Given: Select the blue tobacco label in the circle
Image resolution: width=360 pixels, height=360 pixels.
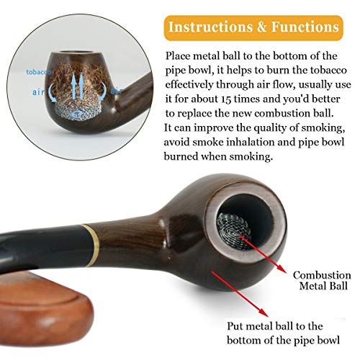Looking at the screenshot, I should [38, 72].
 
